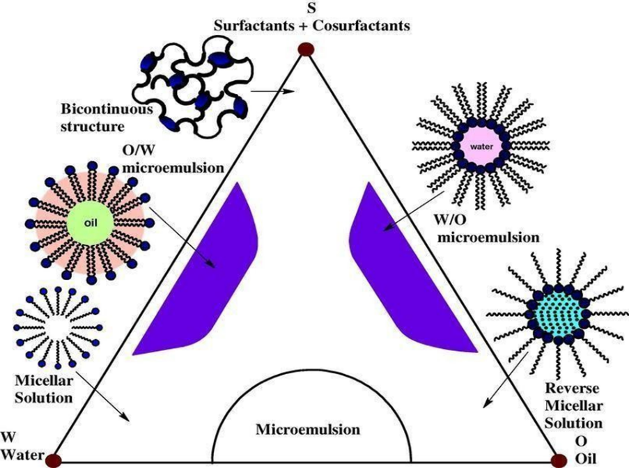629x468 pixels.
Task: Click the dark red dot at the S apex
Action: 304,49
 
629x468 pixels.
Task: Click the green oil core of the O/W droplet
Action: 87,224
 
